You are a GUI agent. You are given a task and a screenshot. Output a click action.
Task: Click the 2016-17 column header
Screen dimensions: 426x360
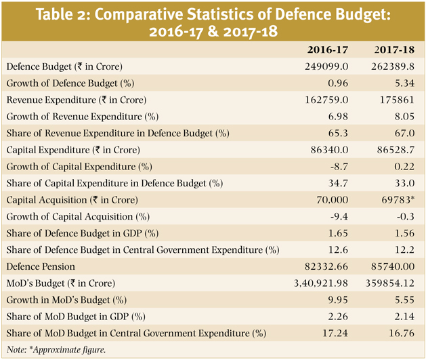(x=327, y=49)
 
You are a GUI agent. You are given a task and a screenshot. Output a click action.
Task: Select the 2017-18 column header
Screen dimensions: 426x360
(x=394, y=49)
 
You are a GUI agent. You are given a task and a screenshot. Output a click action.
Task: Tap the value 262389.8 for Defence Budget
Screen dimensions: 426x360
(x=393, y=66)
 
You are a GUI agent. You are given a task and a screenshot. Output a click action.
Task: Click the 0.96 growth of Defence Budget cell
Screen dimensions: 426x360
(x=338, y=83)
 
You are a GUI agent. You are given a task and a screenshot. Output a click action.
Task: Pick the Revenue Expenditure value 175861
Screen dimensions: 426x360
(x=397, y=100)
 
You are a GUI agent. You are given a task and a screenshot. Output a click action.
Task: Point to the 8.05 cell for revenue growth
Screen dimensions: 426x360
(x=404, y=117)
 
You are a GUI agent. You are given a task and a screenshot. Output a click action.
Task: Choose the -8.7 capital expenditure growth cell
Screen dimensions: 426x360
(x=339, y=166)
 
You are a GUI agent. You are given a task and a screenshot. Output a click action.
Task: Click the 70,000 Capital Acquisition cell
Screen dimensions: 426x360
(x=332, y=200)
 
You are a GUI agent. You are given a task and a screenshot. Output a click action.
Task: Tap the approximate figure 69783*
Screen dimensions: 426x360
(x=398, y=200)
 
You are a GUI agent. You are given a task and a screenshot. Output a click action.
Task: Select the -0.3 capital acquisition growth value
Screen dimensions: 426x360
(x=406, y=216)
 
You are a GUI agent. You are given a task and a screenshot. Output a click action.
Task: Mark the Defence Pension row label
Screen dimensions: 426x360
(x=41, y=266)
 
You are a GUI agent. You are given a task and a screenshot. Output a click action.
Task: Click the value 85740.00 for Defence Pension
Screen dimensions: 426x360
(x=393, y=266)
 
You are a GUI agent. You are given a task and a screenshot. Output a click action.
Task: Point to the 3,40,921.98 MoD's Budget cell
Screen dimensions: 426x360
(x=321, y=283)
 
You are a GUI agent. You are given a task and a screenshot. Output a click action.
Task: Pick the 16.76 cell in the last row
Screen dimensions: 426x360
(x=402, y=333)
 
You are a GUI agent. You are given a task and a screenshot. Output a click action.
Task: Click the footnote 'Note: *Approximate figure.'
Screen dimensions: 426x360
(x=56, y=350)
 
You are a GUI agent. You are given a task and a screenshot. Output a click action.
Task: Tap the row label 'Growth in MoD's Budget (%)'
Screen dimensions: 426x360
(x=66, y=300)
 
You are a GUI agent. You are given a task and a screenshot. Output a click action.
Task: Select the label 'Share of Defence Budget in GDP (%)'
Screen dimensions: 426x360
(x=83, y=233)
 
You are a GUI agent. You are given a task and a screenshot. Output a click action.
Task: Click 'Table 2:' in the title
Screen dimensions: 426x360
(x=63, y=15)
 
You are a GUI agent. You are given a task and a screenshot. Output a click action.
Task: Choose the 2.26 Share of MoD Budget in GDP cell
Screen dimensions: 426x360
(x=338, y=317)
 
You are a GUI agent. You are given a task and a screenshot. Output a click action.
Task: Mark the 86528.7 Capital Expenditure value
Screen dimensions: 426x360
(x=396, y=150)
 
